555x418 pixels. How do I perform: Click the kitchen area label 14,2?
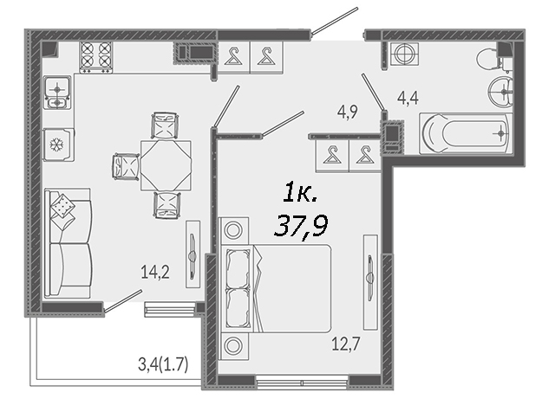tap(155, 273)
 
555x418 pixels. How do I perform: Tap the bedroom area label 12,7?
tap(345, 344)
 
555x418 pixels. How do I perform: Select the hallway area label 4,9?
tap(348, 112)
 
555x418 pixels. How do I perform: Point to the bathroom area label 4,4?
tap(408, 98)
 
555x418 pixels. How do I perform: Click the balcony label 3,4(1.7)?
tap(163, 365)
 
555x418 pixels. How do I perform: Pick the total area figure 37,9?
tap(301, 225)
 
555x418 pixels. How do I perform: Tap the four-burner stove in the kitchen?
tap(95, 58)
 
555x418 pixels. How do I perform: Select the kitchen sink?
tap(57, 93)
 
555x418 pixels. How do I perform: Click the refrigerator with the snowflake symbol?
tap(58, 145)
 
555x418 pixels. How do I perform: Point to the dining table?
tap(166, 165)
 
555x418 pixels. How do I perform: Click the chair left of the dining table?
tap(126, 167)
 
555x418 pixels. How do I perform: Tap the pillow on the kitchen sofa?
tap(62, 206)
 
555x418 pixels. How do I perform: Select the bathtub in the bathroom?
tap(465, 133)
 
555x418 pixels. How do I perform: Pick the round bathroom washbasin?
tap(500, 92)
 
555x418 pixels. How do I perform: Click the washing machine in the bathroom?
tap(404, 54)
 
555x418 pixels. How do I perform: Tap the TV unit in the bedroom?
tap(370, 282)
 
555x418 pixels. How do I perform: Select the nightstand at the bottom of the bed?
tap(233, 346)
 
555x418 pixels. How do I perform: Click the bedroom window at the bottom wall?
tap(302, 382)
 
